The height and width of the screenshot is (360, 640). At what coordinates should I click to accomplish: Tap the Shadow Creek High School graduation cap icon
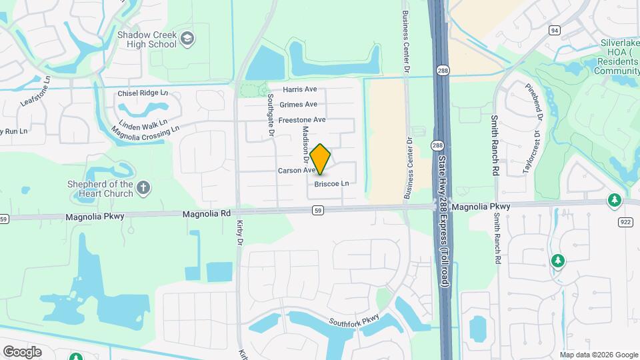coord(187,38)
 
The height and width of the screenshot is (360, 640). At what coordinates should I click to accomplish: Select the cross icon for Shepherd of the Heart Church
coord(143,189)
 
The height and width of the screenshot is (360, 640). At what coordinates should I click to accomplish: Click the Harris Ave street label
coord(299,89)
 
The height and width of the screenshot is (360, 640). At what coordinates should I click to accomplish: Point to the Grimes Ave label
coord(298,105)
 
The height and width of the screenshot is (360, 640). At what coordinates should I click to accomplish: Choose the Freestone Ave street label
coord(301,120)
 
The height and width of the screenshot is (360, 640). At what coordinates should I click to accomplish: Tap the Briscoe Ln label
coord(331,183)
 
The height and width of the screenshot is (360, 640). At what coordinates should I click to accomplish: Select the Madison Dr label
coord(306,145)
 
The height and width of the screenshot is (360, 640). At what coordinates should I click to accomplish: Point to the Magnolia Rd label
coord(207,214)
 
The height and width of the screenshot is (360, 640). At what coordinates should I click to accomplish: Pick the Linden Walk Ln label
coord(143,125)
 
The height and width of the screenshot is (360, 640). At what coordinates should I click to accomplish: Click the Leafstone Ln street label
coord(37,90)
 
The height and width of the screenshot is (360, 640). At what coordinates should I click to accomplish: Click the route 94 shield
coord(555,31)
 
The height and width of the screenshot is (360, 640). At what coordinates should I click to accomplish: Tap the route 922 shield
coord(626,222)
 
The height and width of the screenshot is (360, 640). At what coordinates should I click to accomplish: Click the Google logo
coord(22,351)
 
